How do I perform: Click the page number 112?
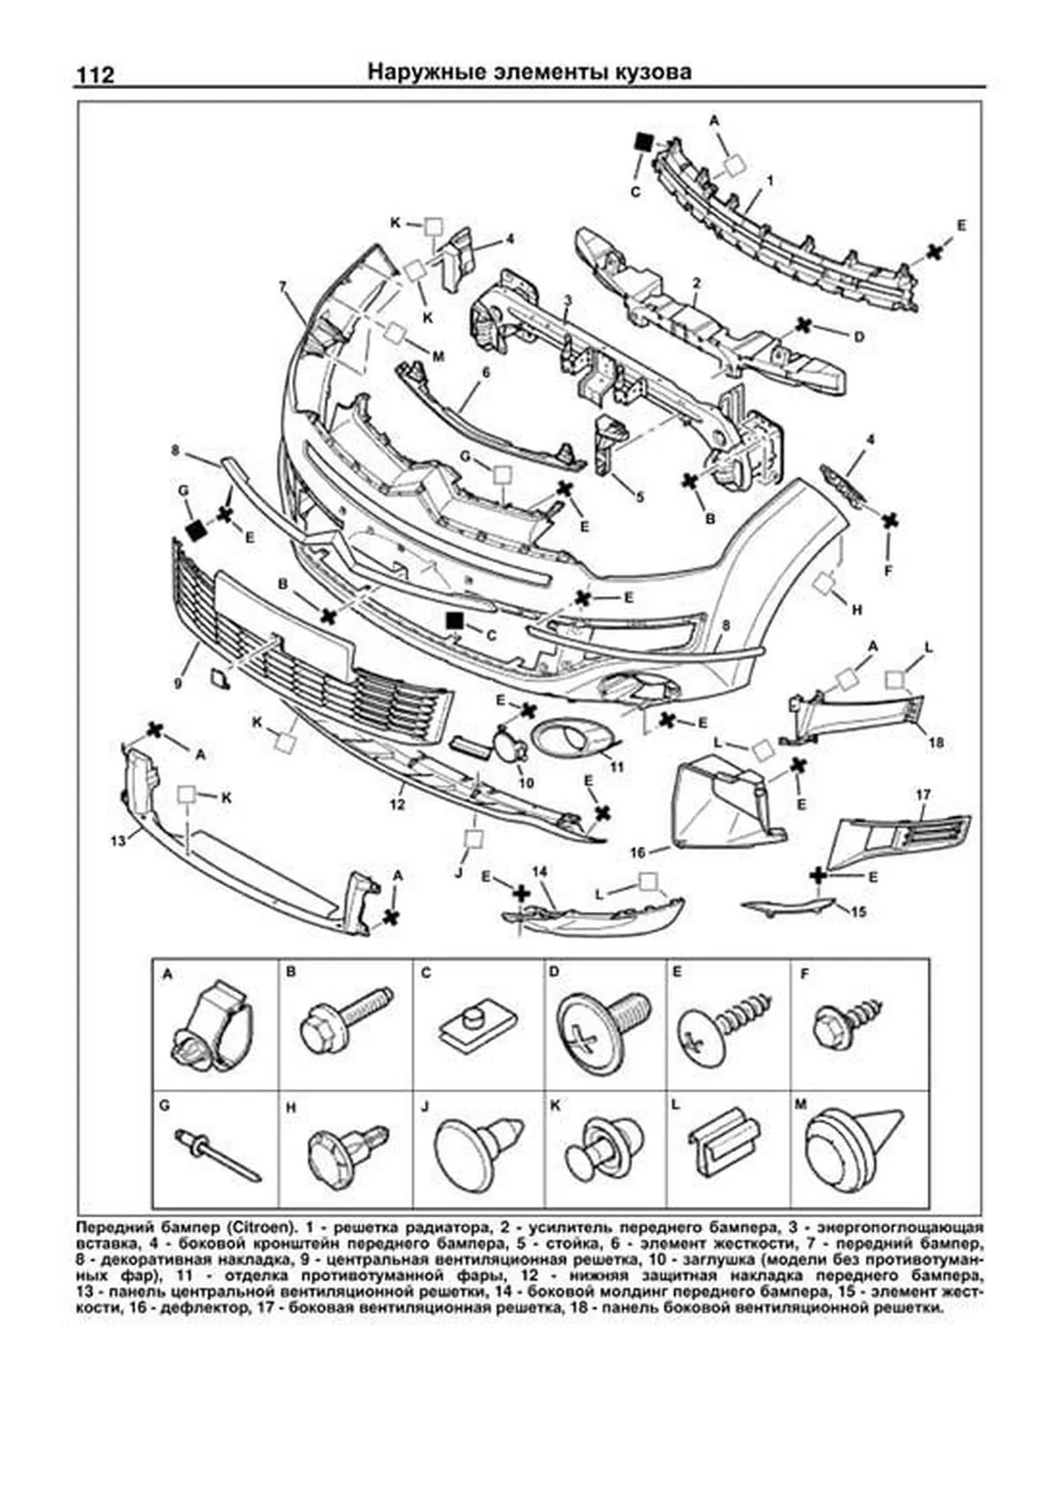[95, 74]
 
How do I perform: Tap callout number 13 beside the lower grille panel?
[118, 841]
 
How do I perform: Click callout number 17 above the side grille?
[923, 795]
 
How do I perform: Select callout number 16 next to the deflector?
[639, 853]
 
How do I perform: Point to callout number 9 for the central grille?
[178, 682]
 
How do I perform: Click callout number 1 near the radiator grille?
[770, 180]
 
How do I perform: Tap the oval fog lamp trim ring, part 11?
[575, 738]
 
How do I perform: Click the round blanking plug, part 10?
[509, 747]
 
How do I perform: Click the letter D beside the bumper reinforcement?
[858, 335]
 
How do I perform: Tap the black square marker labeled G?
[195, 529]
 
